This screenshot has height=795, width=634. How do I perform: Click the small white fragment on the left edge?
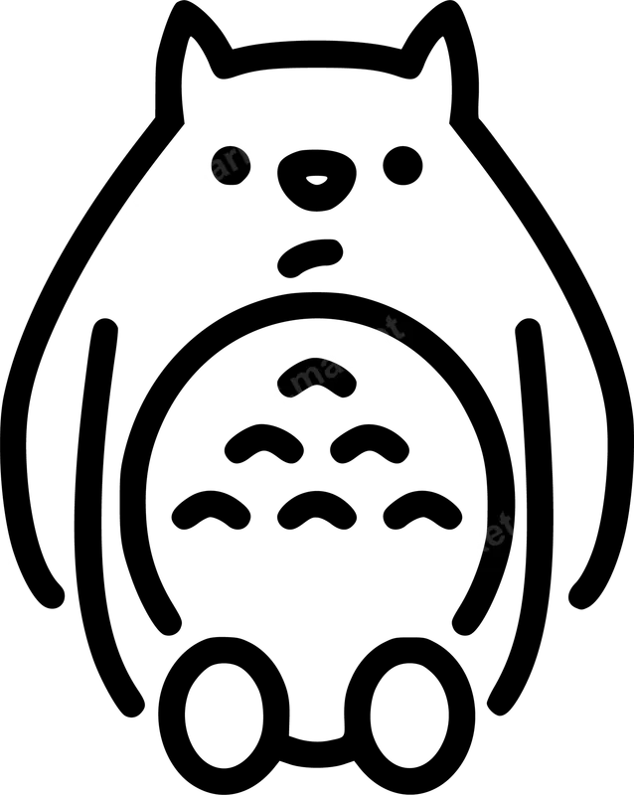[x=5, y=555]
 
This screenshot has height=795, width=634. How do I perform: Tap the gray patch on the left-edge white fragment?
[x=11, y=564]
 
